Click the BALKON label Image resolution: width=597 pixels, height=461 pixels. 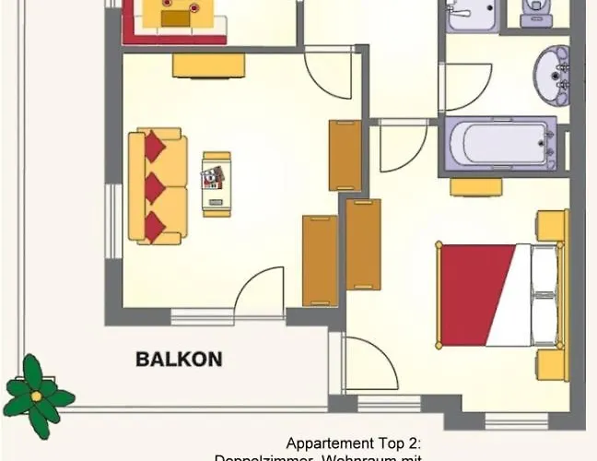click(179, 359)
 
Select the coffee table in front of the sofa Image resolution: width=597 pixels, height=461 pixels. click(217, 182)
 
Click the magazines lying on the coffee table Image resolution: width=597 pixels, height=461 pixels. click(215, 176)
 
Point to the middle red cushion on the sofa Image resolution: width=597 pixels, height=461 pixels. click(154, 188)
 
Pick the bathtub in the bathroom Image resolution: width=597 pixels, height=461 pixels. click(498, 145)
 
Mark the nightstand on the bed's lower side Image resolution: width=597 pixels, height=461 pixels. click(551, 364)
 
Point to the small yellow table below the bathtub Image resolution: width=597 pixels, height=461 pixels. click(475, 187)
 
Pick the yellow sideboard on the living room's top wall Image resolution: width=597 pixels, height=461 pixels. click(209, 65)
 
